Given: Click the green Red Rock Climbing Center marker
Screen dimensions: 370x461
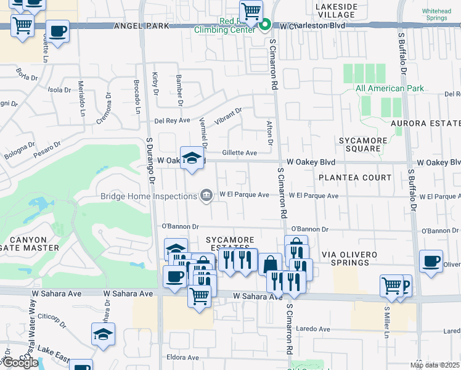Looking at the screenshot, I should click(x=265, y=25).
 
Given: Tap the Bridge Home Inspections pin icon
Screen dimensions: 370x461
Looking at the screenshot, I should click(x=206, y=196).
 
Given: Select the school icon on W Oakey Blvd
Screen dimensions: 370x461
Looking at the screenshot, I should click(x=192, y=158).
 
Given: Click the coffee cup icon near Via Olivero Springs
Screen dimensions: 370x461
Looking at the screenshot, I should click(x=430, y=260).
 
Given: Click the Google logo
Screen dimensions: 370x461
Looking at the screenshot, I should click(x=20, y=363).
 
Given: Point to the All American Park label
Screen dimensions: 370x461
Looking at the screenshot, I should click(x=390, y=88).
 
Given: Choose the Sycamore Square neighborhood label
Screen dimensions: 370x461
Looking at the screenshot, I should click(x=363, y=144).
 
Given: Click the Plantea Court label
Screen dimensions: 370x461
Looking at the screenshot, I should click(x=354, y=178).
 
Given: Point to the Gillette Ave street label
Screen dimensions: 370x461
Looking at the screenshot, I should click(x=239, y=152).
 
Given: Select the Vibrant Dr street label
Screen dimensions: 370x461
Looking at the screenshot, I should click(x=228, y=115).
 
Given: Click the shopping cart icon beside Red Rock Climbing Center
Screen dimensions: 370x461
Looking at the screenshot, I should click(x=251, y=10).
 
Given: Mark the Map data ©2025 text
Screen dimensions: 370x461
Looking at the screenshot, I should click(x=434, y=365).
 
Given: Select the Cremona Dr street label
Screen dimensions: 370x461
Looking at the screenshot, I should click(x=103, y=109).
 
